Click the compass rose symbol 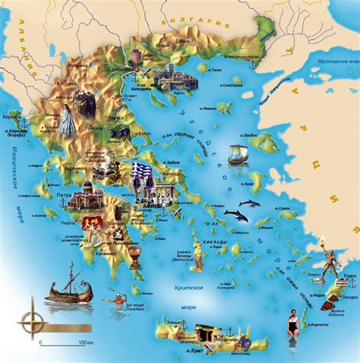(x=31, y=304)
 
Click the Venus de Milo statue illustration (x=200, y=257)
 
